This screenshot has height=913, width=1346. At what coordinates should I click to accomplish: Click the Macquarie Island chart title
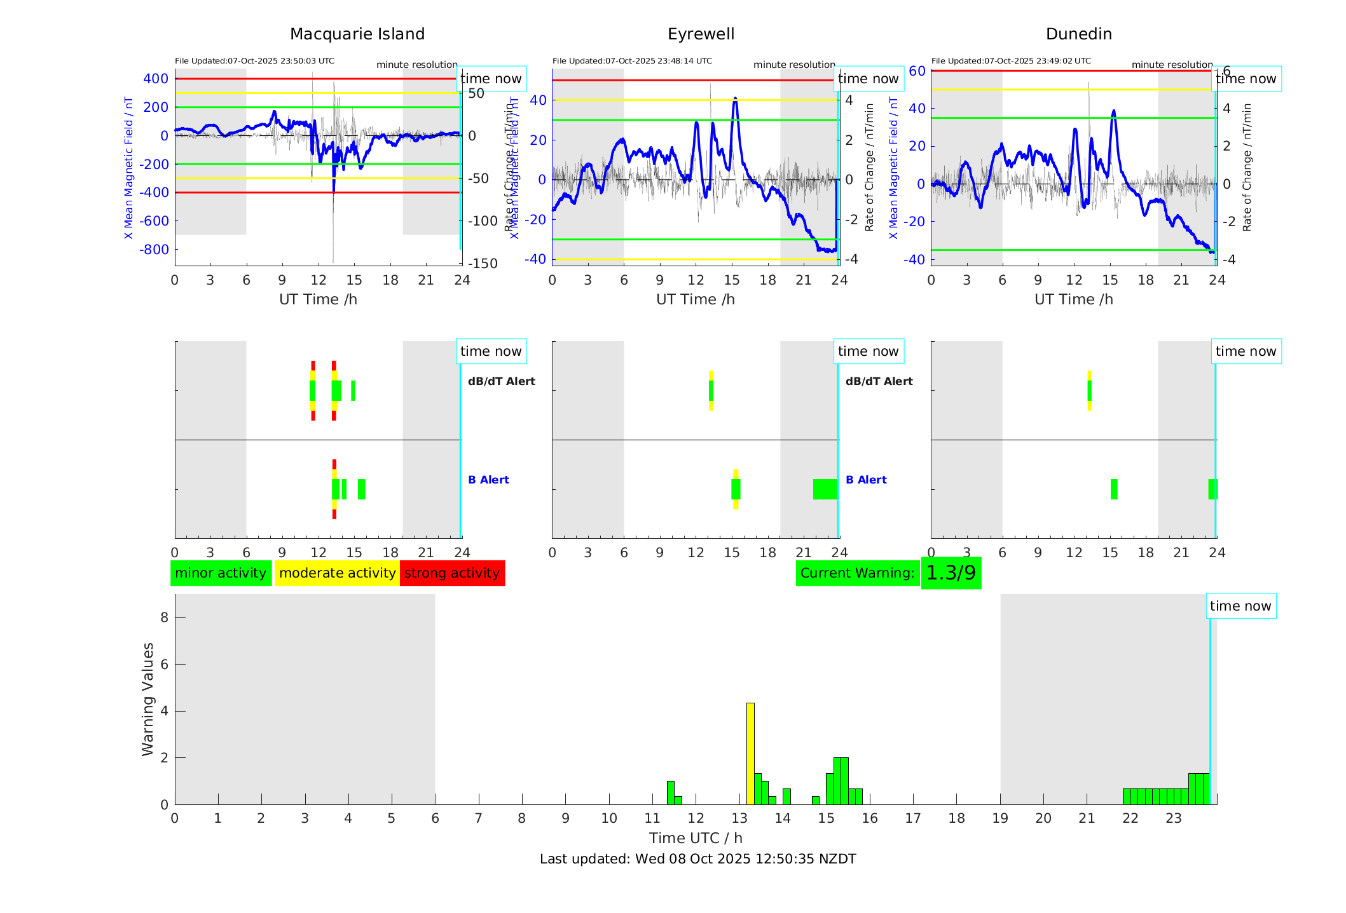(x=357, y=34)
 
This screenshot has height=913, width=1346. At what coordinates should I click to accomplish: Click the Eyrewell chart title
(x=701, y=34)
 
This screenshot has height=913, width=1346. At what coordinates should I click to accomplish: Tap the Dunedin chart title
(x=1078, y=34)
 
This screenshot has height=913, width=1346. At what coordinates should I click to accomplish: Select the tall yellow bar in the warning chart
(x=750, y=753)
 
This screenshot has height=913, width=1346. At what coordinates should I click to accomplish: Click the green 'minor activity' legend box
(x=221, y=573)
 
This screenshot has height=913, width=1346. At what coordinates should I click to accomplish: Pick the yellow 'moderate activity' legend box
(x=337, y=573)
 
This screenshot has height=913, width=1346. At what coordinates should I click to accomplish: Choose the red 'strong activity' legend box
(x=452, y=573)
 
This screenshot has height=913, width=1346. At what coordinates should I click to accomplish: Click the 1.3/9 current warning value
(x=951, y=573)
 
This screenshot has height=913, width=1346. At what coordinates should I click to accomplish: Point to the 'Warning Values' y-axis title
(x=148, y=699)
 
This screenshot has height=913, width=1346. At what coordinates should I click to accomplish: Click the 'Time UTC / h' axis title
(x=696, y=838)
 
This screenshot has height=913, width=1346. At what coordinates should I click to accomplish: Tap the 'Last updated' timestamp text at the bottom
(x=697, y=859)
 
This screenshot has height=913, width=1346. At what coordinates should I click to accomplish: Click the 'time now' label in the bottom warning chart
(x=1240, y=606)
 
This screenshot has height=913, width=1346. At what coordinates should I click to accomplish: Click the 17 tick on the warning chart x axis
(x=913, y=818)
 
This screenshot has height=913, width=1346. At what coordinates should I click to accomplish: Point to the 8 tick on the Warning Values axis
(x=164, y=617)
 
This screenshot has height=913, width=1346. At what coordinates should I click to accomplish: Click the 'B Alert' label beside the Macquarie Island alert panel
(x=488, y=480)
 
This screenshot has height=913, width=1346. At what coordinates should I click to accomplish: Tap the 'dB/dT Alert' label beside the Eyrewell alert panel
(x=879, y=381)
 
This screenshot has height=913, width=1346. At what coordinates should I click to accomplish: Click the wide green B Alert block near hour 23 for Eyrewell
(x=825, y=489)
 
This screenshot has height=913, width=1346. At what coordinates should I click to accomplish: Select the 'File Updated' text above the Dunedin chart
(x=1011, y=61)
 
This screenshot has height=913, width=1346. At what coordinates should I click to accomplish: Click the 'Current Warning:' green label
(x=857, y=573)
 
